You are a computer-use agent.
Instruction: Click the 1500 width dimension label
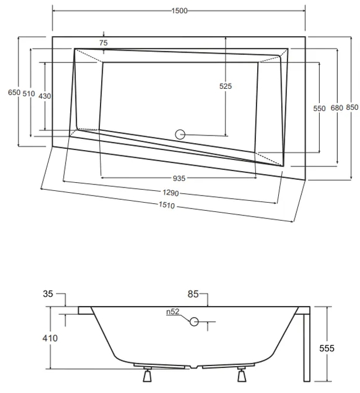click(x=179, y=11)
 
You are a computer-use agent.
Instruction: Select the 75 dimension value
click(x=103, y=43)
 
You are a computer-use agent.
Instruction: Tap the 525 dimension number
click(x=226, y=86)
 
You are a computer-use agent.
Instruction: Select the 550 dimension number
click(x=319, y=108)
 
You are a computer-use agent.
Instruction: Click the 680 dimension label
click(x=337, y=108)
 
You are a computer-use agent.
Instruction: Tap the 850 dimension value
click(x=352, y=108)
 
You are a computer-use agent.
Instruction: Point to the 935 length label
click(x=179, y=178)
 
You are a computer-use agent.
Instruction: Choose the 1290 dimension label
click(x=171, y=193)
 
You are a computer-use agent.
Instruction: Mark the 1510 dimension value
click(x=168, y=206)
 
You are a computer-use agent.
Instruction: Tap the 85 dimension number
click(x=194, y=295)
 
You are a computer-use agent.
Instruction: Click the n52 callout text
click(x=172, y=312)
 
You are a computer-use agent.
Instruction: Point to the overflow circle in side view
click(x=195, y=321)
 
